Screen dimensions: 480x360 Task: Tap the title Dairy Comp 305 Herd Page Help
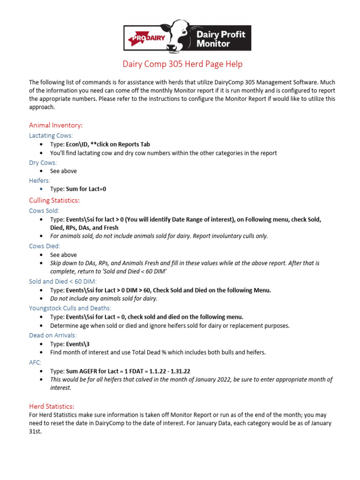[182, 64]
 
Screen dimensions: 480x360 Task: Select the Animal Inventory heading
[56, 125]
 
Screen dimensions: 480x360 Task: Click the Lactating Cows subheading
[51, 135]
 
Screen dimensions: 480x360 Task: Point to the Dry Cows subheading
[43, 162]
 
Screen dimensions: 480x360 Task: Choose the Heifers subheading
[39, 180]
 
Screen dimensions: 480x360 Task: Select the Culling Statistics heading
[54, 200]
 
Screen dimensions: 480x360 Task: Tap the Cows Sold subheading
[44, 210]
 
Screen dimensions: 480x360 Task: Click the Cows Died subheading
[45, 246]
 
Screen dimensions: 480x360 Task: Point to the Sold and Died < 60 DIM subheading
[62, 281]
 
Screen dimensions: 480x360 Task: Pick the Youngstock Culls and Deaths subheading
[70, 308]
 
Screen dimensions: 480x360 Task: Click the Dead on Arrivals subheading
[53, 335]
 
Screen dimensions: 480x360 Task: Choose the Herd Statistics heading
[52, 406]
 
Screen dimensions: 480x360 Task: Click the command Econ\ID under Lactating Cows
[76, 144]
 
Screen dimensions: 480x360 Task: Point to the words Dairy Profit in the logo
[221, 34]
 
